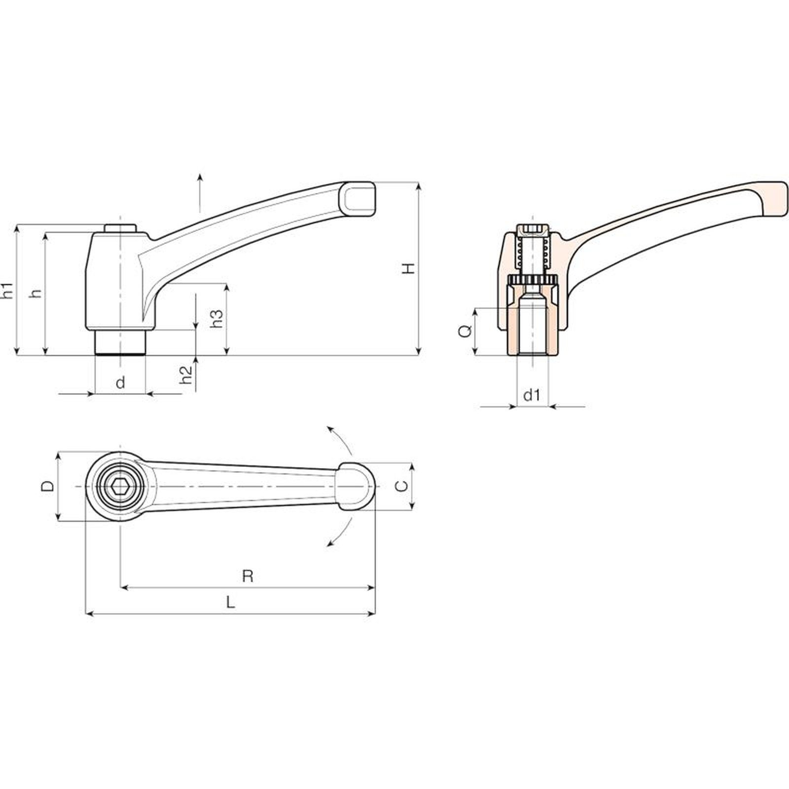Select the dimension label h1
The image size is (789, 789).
point(8,290)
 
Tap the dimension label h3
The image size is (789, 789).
point(217,319)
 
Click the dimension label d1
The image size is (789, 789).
point(532,394)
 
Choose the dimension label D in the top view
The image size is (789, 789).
point(47,486)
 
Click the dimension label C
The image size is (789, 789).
point(402,486)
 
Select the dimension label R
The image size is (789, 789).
point(248,576)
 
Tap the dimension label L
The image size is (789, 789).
point(230,602)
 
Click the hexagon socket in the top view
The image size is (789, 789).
point(120,487)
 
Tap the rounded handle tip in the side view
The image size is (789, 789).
point(359,199)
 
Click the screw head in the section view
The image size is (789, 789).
point(532,229)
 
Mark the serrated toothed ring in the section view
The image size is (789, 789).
point(532,280)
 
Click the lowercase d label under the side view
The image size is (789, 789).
point(120,382)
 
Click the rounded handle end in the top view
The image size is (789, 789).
point(356,487)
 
